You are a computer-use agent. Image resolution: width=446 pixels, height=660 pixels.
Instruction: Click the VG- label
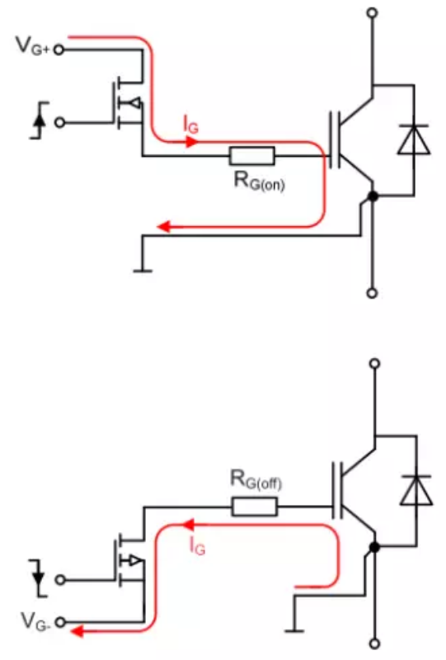[x=32, y=617]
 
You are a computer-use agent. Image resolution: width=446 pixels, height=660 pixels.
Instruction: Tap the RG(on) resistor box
[x=251, y=155]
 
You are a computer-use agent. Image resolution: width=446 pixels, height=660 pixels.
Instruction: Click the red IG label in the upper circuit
[x=190, y=125]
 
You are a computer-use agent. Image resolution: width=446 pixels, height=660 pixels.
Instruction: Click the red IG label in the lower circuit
[x=197, y=545]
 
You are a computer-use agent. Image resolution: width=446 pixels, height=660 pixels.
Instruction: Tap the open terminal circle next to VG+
[x=59, y=49]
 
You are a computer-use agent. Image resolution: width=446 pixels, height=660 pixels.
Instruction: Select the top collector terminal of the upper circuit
[x=373, y=13]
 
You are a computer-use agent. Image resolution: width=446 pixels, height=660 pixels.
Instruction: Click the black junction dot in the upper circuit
[x=373, y=196]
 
